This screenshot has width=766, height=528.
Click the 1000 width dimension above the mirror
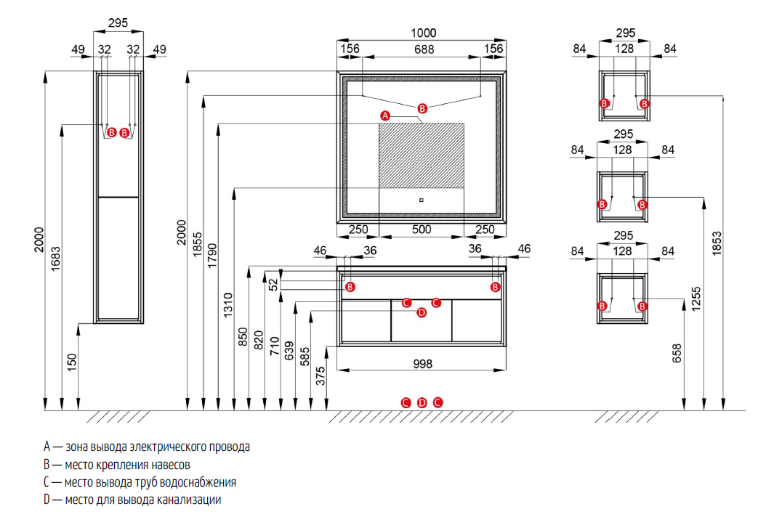[423, 33]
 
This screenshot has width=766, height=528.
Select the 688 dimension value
[424, 49]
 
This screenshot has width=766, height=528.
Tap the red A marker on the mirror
[385, 115]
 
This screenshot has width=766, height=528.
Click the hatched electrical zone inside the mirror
[422, 155]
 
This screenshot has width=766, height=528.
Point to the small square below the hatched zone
[421, 200]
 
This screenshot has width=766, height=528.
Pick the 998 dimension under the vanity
[422, 364]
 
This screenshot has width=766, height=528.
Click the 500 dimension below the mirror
[422, 230]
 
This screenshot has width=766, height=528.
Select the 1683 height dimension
[56, 259]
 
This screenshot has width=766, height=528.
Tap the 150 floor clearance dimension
[72, 362]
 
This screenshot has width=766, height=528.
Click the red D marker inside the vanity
[422, 313]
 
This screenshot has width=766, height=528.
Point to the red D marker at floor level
[422, 402]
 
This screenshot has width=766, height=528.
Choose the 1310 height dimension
[227, 305]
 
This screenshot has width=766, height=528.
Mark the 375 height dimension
[320, 375]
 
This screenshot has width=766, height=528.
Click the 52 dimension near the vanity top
[273, 284]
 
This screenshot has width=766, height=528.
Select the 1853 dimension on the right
[716, 243]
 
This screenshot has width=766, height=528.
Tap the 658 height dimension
[677, 353]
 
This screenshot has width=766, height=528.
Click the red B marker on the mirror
[422, 108]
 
